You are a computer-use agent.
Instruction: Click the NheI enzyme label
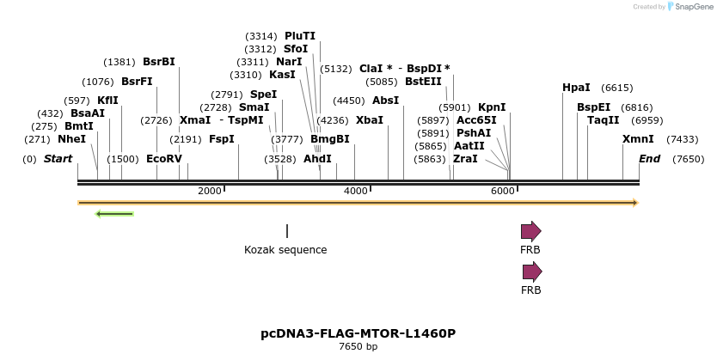coord(71,139)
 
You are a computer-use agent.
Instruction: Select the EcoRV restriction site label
coord(164,159)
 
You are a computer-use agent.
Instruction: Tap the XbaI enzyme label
coord(370,120)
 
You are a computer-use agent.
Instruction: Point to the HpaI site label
coord(576,88)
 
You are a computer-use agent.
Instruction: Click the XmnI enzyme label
coord(638,139)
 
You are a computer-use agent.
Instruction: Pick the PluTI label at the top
coord(300,36)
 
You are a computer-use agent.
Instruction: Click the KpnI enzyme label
coord(492,107)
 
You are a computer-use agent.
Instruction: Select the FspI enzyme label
coord(222,139)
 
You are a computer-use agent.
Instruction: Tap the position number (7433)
coord(684,139)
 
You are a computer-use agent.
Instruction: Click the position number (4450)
coord(349,101)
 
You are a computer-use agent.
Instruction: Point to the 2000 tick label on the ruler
coord(210,191)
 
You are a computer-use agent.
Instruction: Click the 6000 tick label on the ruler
coord(503,191)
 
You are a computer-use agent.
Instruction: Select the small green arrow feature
coord(114,213)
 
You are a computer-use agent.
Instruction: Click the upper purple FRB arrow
coord(530,231)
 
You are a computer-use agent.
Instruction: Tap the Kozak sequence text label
coord(285,250)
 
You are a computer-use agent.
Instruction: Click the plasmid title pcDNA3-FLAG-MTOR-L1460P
coord(358,333)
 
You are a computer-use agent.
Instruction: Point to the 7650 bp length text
coord(358,347)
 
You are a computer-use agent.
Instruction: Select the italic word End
coord(649,159)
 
